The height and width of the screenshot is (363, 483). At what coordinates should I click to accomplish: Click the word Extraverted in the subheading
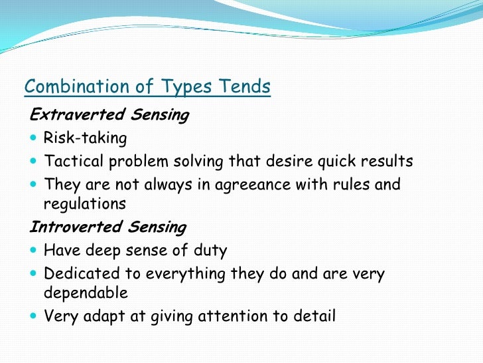pos(71,115)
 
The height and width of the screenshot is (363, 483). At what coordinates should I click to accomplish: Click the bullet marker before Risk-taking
pos(34,139)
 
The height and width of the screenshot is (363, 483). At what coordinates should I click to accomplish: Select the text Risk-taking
pos(84,138)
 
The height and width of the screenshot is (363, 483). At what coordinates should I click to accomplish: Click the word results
pos(388,161)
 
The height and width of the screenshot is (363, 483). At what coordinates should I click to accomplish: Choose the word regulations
pos(84,204)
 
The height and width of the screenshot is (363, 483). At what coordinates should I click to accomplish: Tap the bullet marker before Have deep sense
pos(34,251)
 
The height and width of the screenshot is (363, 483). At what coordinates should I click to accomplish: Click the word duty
pos(209,251)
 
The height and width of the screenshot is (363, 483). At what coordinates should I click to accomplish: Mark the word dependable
pos(85,293)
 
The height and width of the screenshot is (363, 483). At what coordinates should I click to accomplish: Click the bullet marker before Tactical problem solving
pos(34,162)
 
